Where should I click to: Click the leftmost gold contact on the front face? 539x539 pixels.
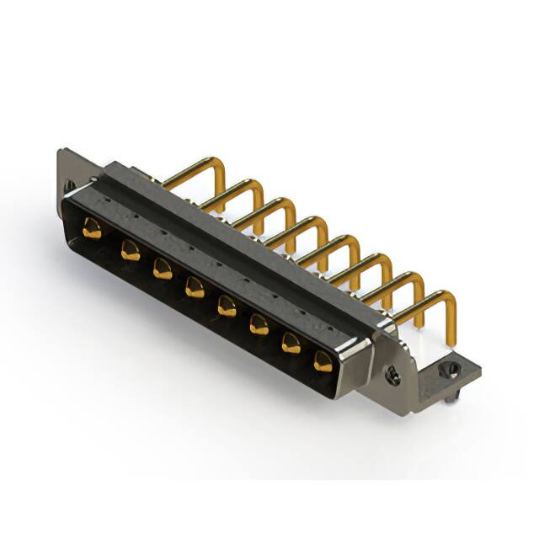pos(91,227)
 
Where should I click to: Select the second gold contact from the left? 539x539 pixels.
pos(130,249)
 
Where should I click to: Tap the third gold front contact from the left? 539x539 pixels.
pos(162,269)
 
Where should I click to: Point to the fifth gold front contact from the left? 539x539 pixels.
pos(227,306)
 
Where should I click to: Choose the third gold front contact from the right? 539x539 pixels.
pos(258,324)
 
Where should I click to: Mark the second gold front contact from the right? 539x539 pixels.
pos(291,343)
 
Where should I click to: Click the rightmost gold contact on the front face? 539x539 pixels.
pos(323,361)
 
